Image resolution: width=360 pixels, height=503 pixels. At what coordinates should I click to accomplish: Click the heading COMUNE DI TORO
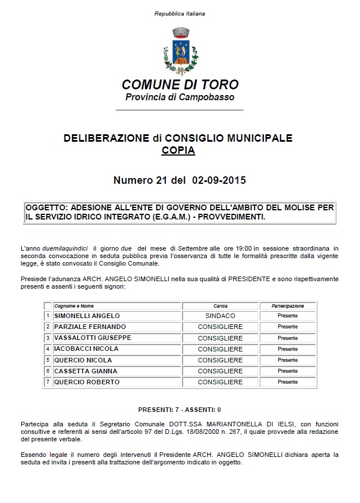point(180,85)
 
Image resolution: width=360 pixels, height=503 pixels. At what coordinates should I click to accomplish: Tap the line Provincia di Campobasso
point(180,97)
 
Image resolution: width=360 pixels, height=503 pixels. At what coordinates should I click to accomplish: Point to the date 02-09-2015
point(215,180)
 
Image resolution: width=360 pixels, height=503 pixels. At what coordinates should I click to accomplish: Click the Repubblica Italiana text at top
point(180,13)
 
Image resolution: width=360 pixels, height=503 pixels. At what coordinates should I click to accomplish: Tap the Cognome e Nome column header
point(74,306)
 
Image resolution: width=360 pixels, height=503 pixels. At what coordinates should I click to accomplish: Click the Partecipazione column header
point(287,306)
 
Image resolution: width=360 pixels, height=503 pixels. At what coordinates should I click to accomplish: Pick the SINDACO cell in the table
point(220,316)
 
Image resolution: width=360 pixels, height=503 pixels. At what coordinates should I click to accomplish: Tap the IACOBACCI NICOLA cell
point(86,349)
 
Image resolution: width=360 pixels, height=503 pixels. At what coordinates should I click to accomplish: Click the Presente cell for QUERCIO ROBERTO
point(287,382)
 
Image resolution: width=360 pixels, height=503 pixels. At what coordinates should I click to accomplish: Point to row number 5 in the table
point(48,360)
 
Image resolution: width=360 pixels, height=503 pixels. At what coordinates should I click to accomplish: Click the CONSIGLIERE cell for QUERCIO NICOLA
point(220,360)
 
